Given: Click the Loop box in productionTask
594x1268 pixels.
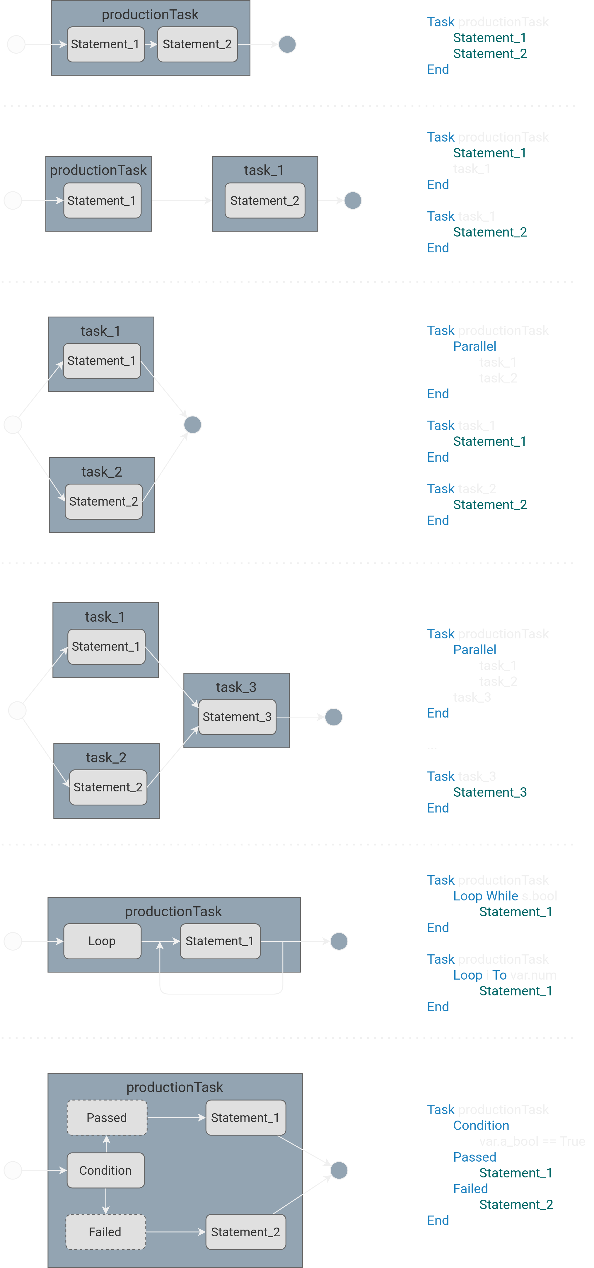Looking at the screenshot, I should point(102,941).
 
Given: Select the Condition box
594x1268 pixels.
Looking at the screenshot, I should point(106,1170).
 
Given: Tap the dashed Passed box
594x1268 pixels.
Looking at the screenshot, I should point(107,1117).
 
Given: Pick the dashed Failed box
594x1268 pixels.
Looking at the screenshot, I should point(105,1232).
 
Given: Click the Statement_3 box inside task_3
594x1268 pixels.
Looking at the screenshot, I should point(237,717).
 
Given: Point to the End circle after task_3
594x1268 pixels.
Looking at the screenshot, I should point(333,717).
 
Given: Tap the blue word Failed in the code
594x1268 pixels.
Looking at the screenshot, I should point(470,1188).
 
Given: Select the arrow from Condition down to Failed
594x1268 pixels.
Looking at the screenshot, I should point(106,1201).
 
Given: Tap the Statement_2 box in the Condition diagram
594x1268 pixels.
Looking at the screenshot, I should point(245,1232).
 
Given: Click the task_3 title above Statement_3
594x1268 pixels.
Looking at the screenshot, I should point(236,687).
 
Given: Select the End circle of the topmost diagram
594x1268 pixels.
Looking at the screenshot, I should point(287,44).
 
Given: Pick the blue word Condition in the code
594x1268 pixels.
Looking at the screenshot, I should point(481,1125).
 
